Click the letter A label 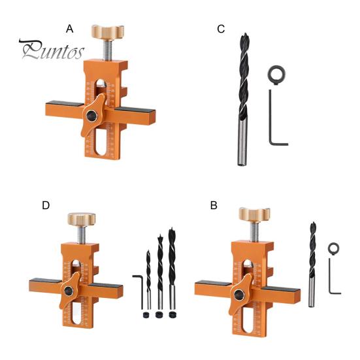71,29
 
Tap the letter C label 221,29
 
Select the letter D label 46,205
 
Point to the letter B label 214,205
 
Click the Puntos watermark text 52,50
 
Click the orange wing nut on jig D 69,292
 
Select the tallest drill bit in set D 173,268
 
